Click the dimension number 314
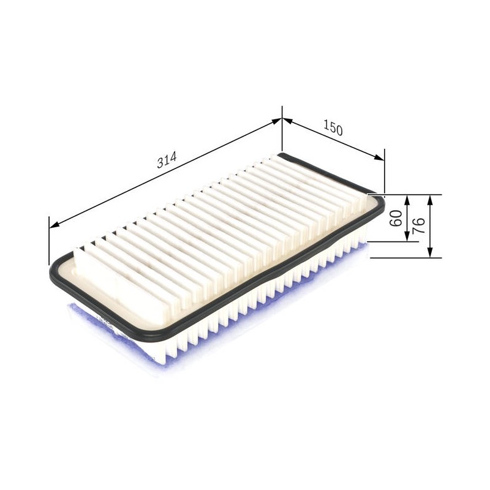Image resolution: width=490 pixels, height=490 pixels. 167,160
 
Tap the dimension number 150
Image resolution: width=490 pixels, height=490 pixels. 333,128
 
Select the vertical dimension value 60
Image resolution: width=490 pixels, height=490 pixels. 396,218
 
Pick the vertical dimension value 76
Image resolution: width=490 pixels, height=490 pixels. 418,225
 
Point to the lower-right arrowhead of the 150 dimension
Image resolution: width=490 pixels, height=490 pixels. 379,157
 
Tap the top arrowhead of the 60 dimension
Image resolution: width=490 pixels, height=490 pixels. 407,200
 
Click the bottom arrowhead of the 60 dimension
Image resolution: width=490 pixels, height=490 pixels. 407,236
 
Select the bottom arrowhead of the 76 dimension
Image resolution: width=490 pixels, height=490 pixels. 431,252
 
